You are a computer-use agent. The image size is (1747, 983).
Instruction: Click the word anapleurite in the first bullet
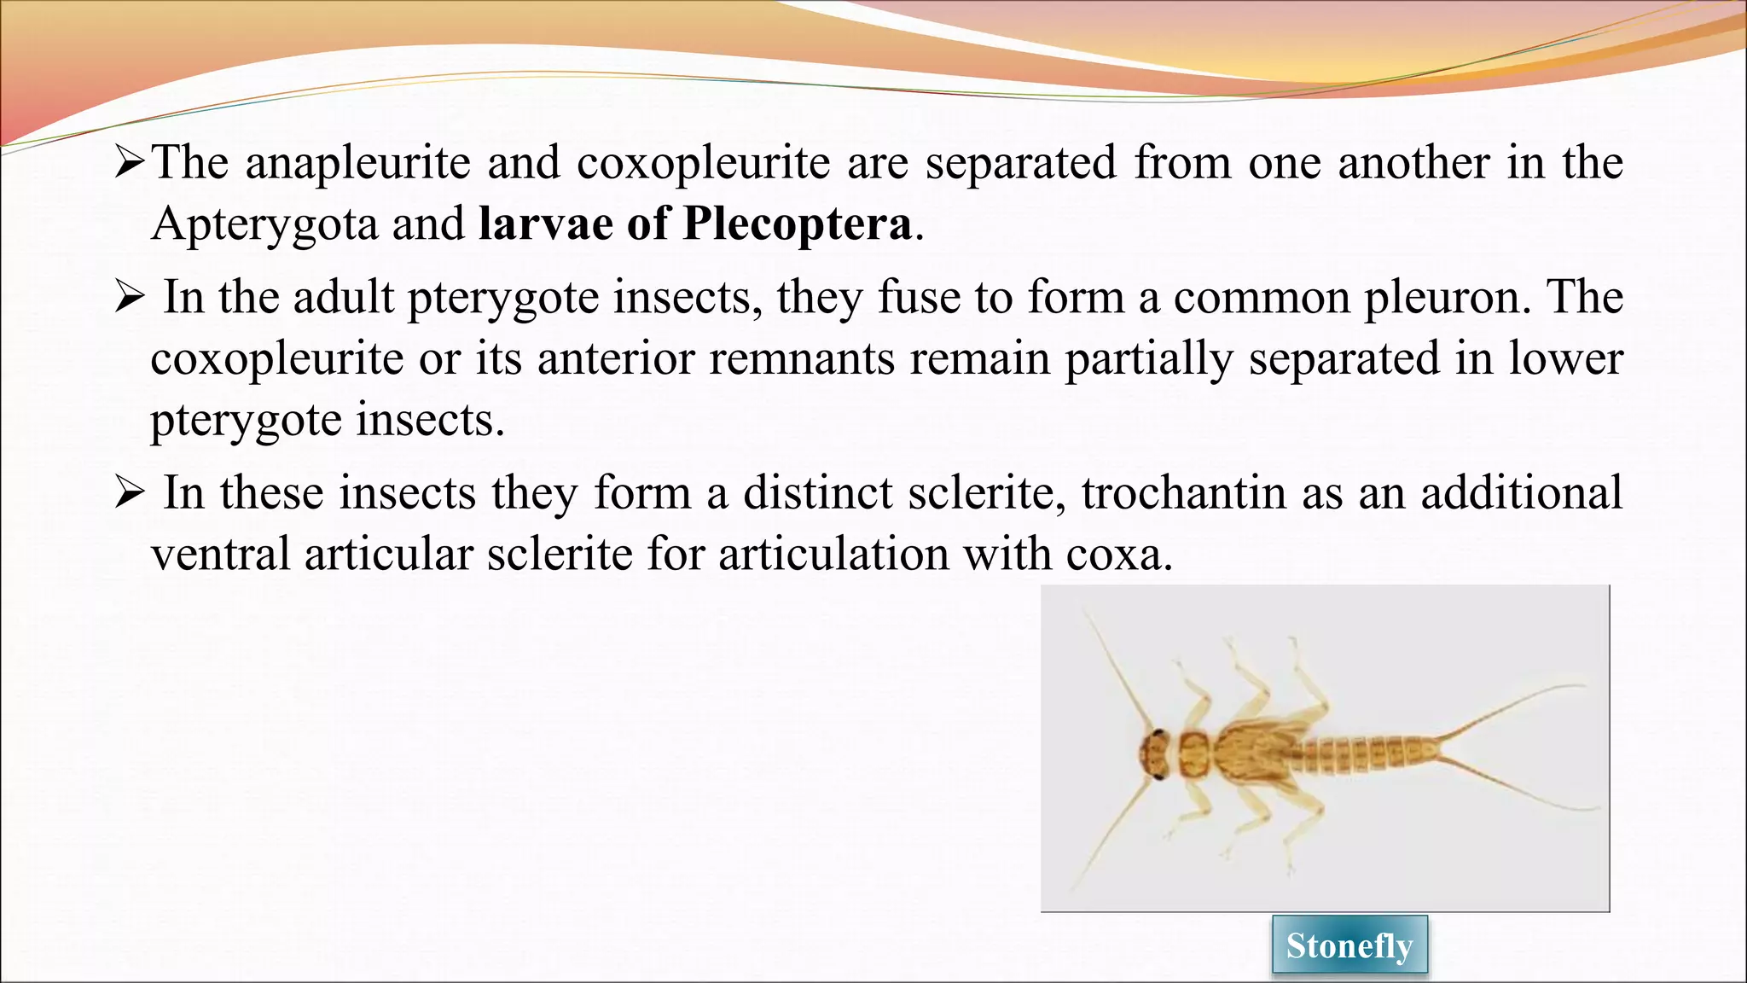point(357,163)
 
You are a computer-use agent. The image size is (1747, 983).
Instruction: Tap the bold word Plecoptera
point(797,224)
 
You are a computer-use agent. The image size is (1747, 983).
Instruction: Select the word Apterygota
point(264,224)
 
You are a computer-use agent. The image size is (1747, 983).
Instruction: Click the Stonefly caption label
point(1349,945)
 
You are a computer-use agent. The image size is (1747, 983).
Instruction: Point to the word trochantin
point(1183,493)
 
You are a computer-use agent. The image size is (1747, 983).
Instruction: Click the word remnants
point(801,358)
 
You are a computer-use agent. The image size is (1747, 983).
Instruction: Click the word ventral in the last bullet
point(220,555)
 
